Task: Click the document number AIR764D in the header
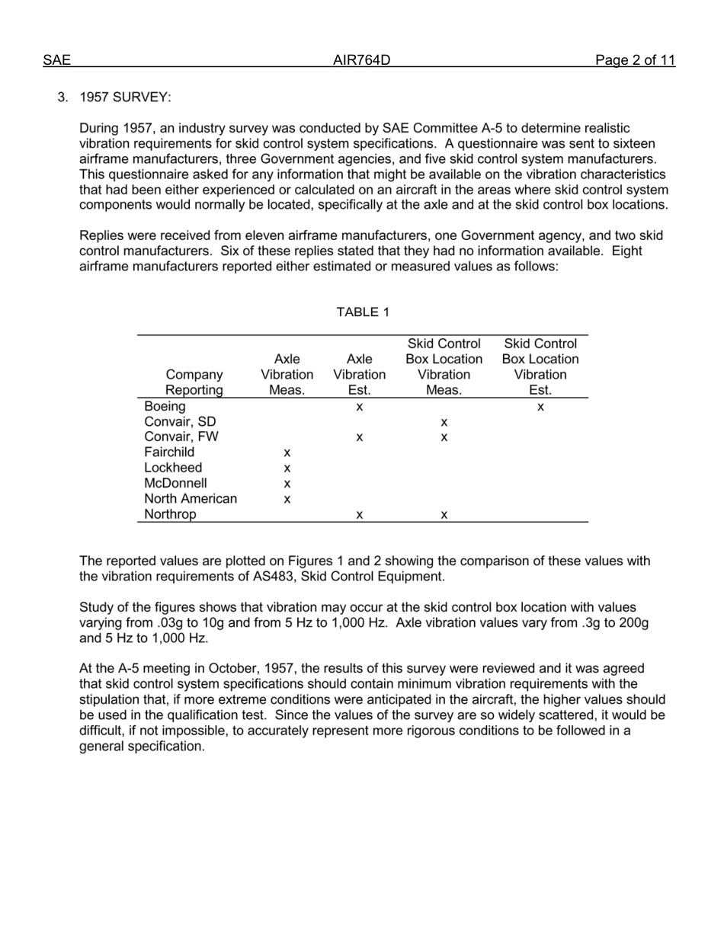[362, 61]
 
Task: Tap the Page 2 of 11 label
[635, 61]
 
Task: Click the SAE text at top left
[56, 61]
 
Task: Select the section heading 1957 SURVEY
[125, 98]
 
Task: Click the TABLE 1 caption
[363, 312]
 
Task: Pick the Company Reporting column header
[194, 382]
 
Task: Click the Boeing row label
[165, 407]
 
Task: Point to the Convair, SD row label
[180, 422]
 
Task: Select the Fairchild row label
[169, 453]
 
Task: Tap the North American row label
[191, 499]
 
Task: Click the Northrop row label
[170, 514]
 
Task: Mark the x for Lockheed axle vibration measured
[287, 469]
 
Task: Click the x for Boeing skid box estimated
[540, 408]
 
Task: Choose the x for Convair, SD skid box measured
[444, 423]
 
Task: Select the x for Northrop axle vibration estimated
[360, 515]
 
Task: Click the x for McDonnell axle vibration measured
[287, 484]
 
